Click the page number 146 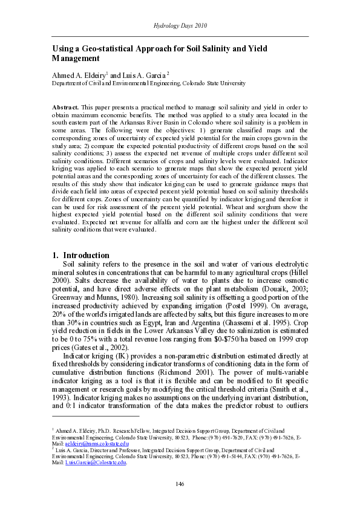click(x=180, y=484)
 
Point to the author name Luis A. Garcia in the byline click(x=146, y=75)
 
